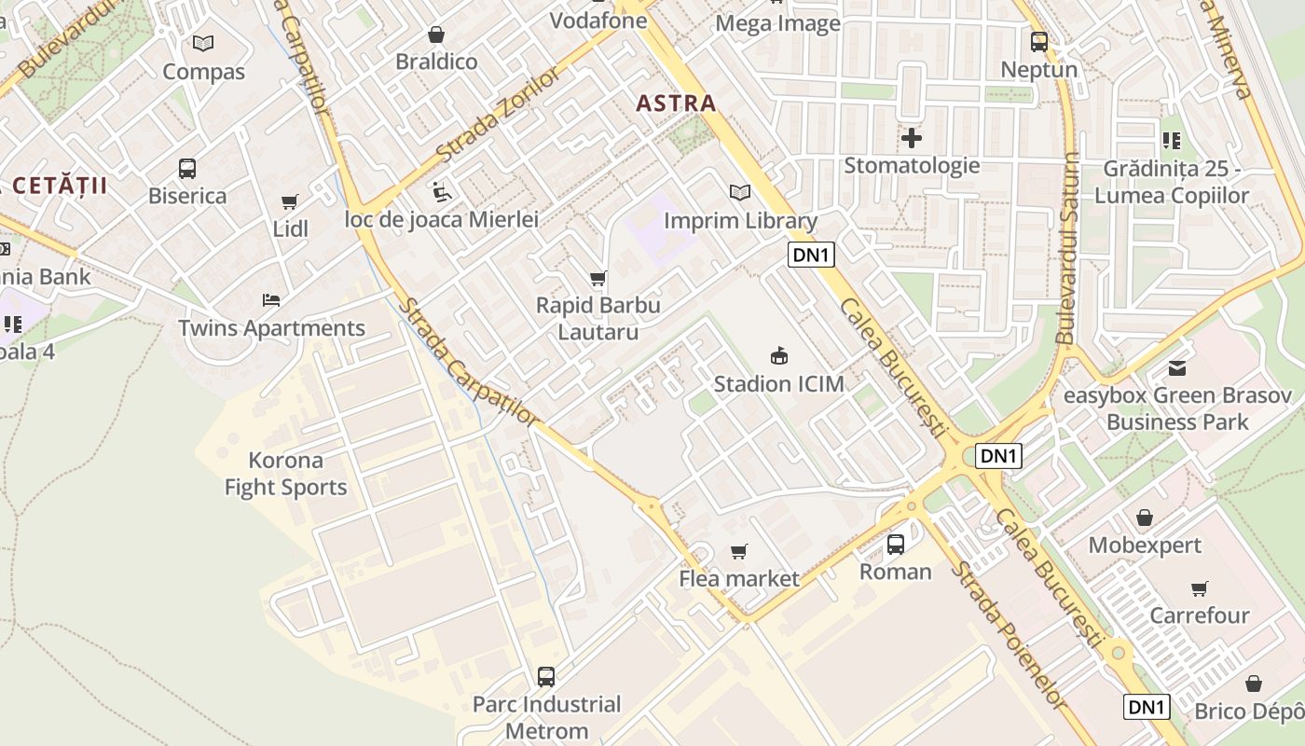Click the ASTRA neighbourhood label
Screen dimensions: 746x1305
click(x=676, y=104)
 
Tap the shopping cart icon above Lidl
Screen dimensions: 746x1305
click(x=290, y=201)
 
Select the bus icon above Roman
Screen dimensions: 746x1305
click(x=896, y=544)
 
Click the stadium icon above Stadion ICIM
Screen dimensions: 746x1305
click(x=778, y=355)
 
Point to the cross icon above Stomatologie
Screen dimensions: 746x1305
click(x=912, y=139)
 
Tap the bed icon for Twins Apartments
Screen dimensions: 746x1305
click(x=271, y=300)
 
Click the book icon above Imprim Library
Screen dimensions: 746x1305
click(x=740, y=193)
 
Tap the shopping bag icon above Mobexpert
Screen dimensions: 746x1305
click(x=1145, y=518)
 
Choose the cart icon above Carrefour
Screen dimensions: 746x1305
click(x=1199, y=588)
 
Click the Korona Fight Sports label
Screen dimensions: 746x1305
click(x=285, y=474)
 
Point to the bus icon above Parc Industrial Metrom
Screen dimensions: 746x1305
click(x=546, y=676)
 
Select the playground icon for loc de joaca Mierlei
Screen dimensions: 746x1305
click(x=442, y=192)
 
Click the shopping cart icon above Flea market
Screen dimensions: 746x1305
click(x=739, y=551)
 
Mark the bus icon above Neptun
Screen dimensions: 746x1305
click(x=1039, y=42)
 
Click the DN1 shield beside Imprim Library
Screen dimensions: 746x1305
click(x=810, y=255)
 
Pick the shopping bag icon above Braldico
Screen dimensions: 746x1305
click(x=436, y=35)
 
